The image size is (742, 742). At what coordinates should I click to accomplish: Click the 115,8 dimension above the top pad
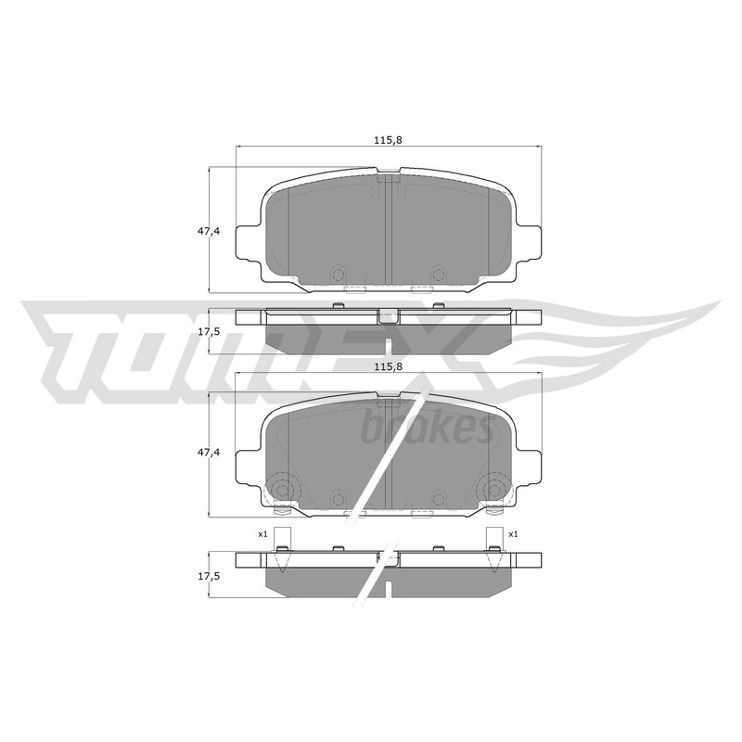coord(384,140)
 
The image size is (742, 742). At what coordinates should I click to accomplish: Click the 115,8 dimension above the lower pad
coord(384,365)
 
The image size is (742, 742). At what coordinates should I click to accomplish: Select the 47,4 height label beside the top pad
coord(209,231)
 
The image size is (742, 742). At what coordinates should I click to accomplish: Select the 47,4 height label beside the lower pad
coord(209,453)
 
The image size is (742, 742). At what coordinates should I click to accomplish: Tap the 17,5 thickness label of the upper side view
coord(209,331)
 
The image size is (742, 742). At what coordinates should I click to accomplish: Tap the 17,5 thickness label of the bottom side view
coord(209,576)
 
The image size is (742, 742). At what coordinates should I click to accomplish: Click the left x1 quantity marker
coord(262,534)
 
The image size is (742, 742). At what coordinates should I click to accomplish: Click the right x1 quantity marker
coord(514,534)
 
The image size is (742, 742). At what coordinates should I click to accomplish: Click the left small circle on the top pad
coord(338,275)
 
